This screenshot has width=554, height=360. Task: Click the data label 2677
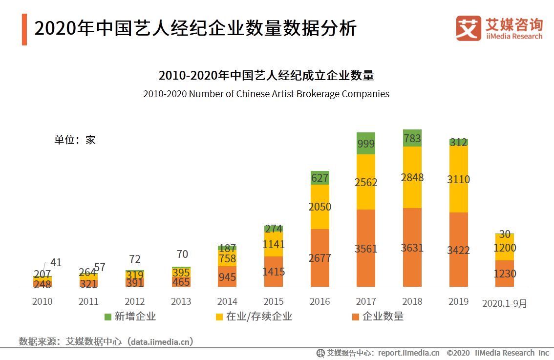320,258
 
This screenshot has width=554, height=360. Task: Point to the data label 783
412,139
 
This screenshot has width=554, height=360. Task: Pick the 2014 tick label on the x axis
227,301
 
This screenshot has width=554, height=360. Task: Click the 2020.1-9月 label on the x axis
505,303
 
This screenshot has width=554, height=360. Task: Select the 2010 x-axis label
43,301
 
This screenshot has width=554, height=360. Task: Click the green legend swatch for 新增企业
108,317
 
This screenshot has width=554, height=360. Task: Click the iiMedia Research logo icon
469,28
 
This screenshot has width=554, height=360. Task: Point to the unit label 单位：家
75,140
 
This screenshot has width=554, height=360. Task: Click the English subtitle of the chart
266,94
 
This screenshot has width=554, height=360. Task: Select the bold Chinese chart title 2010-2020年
266,76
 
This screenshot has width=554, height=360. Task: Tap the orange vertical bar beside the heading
24,29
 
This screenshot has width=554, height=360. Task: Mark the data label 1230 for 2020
505,274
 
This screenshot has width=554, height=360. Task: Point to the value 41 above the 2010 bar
56,263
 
